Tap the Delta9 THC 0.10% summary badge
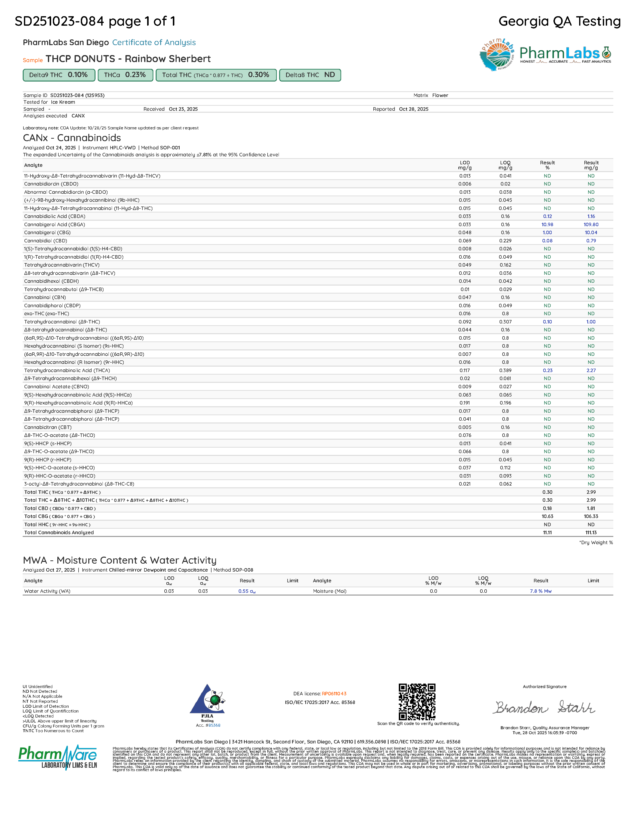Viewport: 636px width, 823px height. [58, 75]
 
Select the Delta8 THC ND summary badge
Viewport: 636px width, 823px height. [310, 75]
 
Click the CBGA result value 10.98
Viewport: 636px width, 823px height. [547, 225]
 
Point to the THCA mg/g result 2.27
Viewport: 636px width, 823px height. [591, 370]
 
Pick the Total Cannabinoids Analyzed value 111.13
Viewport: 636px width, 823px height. [591, 532]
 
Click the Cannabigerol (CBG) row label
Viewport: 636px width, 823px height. [47, 232]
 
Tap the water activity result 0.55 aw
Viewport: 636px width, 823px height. [247, 591]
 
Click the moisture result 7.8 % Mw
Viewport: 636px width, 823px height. [540, 591]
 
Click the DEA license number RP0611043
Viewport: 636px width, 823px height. [334, 694]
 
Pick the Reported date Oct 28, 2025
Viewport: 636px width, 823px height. [413, 109]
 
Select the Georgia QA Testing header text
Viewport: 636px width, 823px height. [559, 21]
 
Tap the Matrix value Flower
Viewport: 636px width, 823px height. [440, 95]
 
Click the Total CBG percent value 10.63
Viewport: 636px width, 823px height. [547, 516]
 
